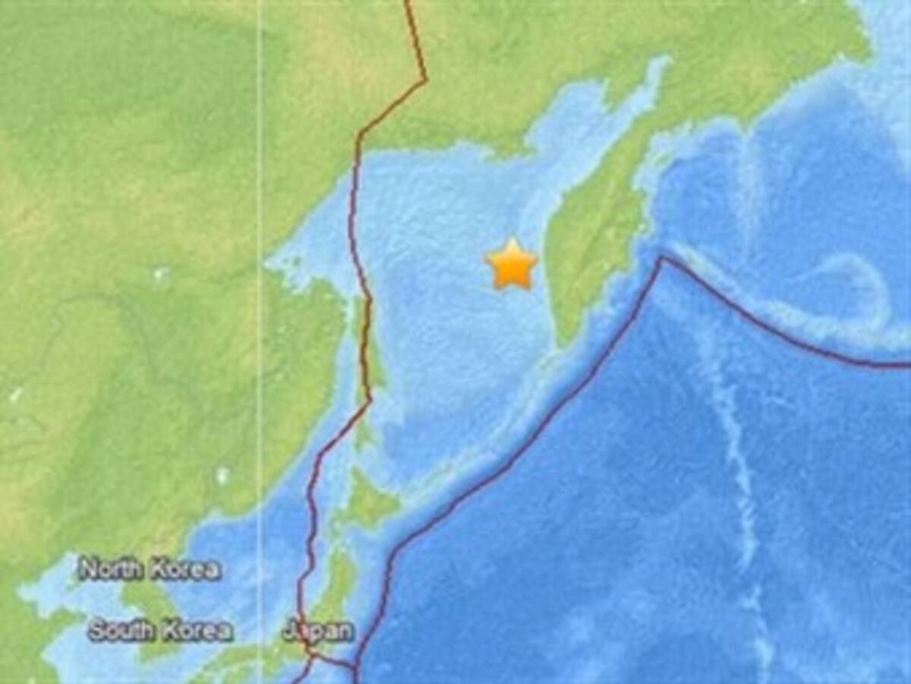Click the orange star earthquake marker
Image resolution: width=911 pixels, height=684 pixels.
512,264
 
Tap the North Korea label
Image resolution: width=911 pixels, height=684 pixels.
150,568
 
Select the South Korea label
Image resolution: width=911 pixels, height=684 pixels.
159,630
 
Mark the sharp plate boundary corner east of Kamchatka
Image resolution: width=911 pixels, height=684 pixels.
660,259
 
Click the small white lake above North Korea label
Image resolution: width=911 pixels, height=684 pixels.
222,476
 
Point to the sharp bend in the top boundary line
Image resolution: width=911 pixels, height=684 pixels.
425,79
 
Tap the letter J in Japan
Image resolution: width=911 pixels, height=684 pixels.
289,631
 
